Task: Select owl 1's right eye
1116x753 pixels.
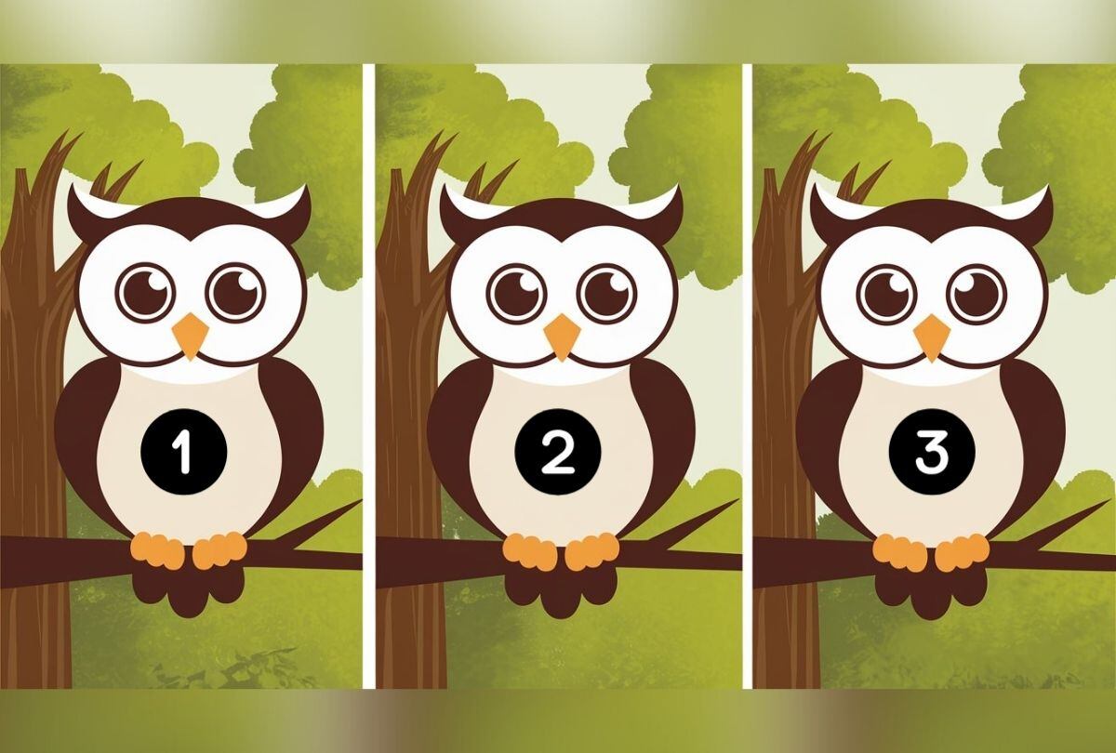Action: coord(235,292)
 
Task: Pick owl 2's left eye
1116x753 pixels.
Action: coord(516,292)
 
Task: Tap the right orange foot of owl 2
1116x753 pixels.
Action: coord(591,551)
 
